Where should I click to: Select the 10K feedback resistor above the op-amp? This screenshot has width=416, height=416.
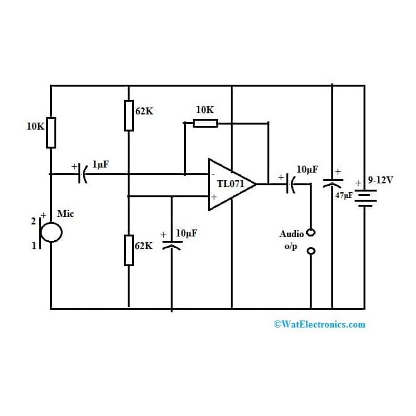205,123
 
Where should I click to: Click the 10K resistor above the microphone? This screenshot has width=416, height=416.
51,132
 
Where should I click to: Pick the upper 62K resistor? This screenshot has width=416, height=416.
128,115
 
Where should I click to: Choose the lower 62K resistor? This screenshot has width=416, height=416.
128,250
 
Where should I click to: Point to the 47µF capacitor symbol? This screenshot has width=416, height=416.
332,183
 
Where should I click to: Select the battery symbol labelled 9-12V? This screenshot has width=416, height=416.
365,197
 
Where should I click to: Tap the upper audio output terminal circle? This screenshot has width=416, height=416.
310,232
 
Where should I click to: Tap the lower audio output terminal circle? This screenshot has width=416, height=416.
310,252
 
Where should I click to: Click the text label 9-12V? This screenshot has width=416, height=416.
380,180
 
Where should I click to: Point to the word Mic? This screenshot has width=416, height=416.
65,214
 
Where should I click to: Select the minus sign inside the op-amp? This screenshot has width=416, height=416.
213,173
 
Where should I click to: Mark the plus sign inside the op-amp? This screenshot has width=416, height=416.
213,197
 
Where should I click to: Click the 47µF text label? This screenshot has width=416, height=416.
344,195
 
